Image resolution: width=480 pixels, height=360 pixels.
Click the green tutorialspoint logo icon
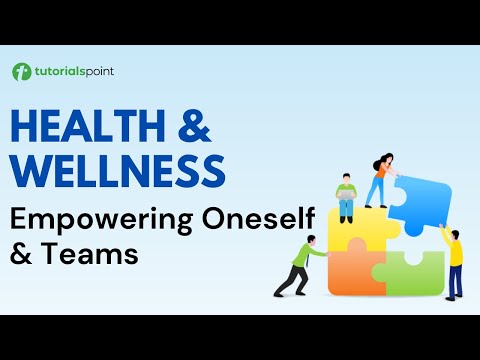pyautogui.click(x=21, y=71)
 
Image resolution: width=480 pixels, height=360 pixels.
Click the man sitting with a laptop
pyautogui.click(x=346, y=198)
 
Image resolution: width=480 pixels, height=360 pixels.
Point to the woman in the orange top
pyautogui.click(x=382, y=180)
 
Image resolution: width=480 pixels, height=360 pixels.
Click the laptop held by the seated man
pyautogui.click(x=346, y=197)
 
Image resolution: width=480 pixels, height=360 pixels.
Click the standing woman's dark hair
pyautogui.click(x=386, y=162)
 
